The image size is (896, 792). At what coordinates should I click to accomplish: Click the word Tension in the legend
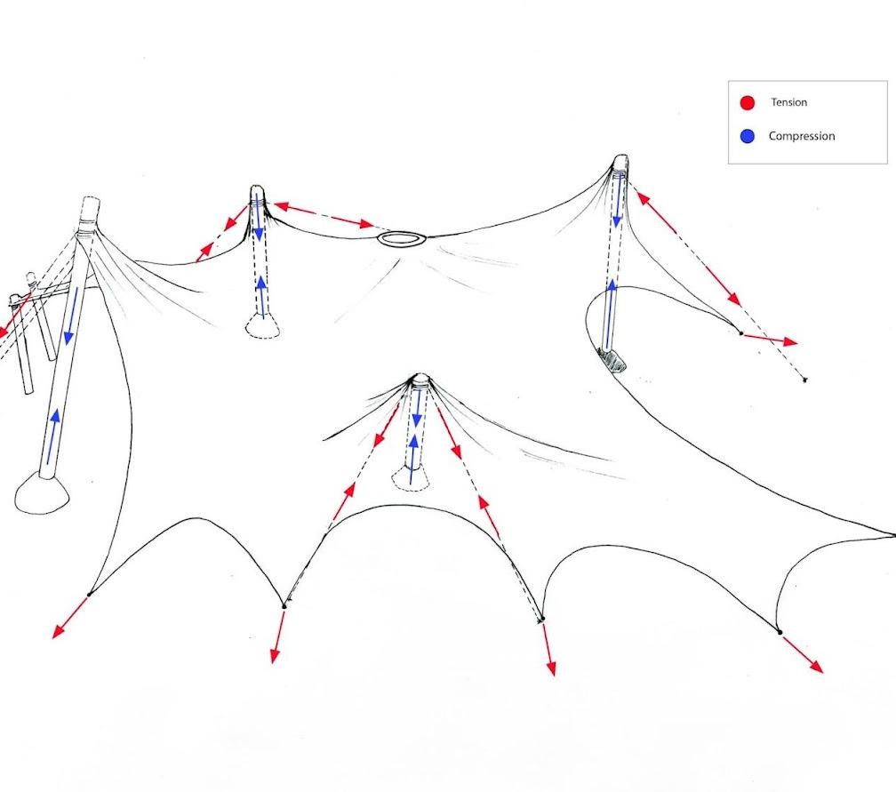click(x=788, y=102)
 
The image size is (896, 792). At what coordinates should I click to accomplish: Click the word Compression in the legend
click(x=801, y=136)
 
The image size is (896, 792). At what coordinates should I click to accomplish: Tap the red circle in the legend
click(x=748, y=103)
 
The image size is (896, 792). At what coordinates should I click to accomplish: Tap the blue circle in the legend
click(x=748, y=136)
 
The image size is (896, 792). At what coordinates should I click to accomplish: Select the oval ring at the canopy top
click(x=401, y=238)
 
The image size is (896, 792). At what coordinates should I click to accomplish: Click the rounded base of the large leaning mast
click(x=41, y=493)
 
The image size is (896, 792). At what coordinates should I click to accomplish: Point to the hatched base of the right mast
click(x=613, y=359)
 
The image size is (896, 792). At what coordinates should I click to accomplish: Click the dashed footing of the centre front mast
click(x=411, y=480)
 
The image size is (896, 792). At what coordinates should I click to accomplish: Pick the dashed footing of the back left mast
click(x=263, y=329)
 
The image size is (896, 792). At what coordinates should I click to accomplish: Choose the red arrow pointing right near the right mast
click(x=770, y=339)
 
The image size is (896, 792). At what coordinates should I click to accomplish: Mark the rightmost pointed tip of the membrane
click(x=892, y=535)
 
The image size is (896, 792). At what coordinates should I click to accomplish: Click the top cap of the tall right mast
click(x=620, y=162)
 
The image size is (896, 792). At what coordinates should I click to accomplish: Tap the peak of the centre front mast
click(x=419, y=379)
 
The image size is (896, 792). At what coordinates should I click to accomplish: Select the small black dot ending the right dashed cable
click(x=804, y=380)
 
